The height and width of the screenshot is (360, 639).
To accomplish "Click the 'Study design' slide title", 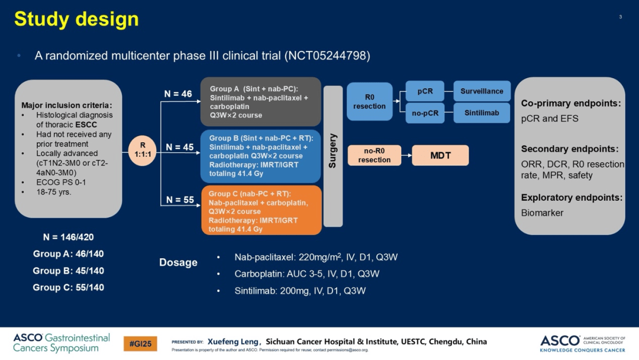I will point(76,19).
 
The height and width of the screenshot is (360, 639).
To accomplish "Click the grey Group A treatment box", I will point(261,101).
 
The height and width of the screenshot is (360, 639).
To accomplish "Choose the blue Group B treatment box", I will point(261,156).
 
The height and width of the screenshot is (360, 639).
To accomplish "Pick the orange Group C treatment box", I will point(261,210).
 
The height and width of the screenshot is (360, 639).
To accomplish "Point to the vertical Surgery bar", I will point(333,156).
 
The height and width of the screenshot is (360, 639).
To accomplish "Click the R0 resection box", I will point(369,101).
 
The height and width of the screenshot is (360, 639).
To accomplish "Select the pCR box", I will point(425,91).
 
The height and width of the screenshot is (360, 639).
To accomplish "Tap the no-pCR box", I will point(425,113).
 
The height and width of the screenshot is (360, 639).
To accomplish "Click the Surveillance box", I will point(482,91).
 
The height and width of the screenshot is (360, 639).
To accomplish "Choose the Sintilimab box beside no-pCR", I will point(482,113).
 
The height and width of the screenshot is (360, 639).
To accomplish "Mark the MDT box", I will point(440,155).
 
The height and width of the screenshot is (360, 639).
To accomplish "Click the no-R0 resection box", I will point(374,155).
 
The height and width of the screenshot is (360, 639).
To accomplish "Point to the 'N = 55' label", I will point(180,200).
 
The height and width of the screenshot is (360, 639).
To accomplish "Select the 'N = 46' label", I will point(178,94).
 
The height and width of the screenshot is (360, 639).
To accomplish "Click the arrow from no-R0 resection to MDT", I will point(406,155).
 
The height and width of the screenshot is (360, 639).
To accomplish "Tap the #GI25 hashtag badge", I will point(140,343).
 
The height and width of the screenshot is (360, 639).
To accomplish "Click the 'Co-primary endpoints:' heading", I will point(570,103).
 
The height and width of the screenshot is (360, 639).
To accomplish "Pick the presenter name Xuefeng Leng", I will point(233,342).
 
